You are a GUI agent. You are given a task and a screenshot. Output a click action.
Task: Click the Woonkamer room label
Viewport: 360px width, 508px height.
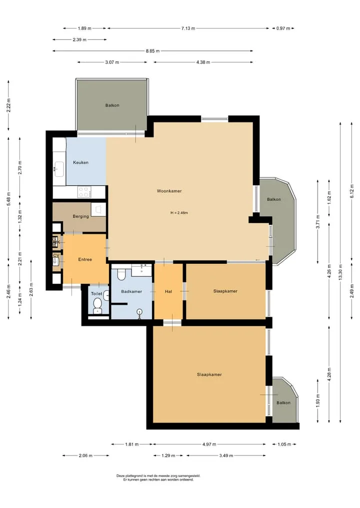point(169,191)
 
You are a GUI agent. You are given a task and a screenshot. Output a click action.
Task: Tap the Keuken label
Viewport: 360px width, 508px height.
point(81,163)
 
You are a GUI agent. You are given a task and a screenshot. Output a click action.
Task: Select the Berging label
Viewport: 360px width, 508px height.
point(81,216)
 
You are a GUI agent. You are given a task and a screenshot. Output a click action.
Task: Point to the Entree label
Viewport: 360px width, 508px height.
point(85,260)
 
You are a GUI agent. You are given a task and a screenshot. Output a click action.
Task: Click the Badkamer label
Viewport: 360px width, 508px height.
point(131,292)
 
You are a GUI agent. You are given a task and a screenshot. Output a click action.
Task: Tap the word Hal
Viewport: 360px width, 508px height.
point(168,292)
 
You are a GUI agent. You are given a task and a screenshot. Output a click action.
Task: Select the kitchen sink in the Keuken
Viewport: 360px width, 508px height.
point(59,169)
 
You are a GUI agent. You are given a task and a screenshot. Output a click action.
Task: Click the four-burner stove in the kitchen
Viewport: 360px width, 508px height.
point(84,192)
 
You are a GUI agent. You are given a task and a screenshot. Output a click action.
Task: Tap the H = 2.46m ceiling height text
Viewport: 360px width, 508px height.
point(179,213)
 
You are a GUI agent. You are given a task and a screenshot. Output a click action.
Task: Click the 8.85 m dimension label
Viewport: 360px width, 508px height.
point(152,51)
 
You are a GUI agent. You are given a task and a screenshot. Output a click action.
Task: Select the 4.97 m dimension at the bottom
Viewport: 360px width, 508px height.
point(209,445)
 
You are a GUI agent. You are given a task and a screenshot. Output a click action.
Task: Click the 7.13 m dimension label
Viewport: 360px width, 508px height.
point(188,28)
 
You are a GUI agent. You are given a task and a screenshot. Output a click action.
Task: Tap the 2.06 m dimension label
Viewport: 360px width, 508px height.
point(85,456)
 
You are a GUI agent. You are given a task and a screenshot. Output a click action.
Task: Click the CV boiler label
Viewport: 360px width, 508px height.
point(56,255)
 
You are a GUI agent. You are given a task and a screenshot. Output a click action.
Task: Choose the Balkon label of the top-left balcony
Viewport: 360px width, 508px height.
point(112,105)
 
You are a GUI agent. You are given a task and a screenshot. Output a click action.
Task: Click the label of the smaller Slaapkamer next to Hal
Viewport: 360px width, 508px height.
point(225,291)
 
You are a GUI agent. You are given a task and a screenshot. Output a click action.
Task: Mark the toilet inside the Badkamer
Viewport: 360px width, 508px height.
point(121,274)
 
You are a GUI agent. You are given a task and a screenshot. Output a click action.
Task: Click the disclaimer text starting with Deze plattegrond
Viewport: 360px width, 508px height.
point(158,478)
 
